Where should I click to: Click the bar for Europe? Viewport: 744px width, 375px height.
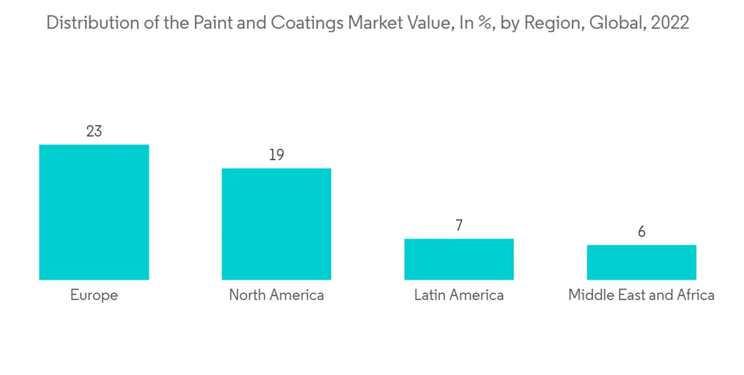click(x=94, y=212)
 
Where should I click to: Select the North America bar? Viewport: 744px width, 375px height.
click(x=276, y=224)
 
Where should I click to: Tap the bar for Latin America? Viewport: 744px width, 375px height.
click(x=458, y=259)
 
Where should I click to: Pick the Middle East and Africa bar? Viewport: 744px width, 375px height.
click(x=641, y=262)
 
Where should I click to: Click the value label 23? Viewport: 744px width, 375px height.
click(x=94, y=132)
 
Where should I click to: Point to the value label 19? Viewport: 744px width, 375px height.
click(x=276, y=156)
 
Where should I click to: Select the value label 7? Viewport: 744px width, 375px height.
click(x=459, y=226)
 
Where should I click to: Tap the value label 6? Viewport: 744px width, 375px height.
click(x=641, y=232)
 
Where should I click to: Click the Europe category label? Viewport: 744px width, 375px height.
click(x=94, y=295)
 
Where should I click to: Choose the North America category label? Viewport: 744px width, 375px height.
click(x=276, y=295)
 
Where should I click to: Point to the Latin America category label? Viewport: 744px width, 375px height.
click(x=458, y=295)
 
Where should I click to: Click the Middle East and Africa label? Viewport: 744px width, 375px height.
click(x=641, y=295)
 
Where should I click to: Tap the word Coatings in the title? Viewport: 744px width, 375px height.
click(x=306, y=23)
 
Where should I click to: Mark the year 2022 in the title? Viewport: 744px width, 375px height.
click(x=670, y=23)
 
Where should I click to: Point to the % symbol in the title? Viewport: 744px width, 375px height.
click(x=486, y=23)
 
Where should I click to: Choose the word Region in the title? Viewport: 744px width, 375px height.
click(x=553, y=23)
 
